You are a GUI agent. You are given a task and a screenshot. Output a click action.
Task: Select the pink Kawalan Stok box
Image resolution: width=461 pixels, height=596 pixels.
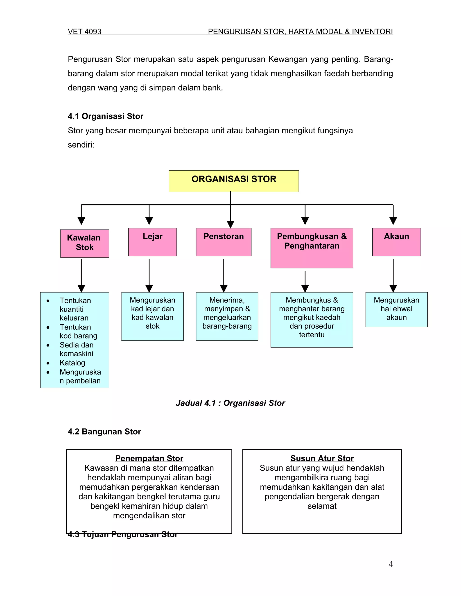coord(85,243)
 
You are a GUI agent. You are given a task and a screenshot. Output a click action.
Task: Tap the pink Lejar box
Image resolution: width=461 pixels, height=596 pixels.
coord(152,242)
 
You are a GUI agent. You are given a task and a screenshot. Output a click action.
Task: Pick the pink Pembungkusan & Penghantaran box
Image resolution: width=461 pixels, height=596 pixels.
coord(312,248)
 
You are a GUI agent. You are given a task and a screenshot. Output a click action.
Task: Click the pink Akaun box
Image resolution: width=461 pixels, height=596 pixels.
coord(396,242)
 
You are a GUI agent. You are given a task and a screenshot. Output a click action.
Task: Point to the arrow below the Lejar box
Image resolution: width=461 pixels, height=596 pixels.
coord(149,276)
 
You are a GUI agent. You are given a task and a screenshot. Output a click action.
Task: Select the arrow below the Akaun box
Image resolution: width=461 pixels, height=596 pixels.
coord(393,276)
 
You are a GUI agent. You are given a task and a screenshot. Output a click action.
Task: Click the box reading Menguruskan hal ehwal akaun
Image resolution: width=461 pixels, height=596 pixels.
coord(396,309)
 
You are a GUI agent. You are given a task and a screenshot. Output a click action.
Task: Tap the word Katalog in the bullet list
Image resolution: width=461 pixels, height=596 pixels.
coord(72,363)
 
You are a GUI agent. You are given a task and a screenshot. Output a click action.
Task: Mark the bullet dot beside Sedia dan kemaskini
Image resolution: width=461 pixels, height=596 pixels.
coord(48,345)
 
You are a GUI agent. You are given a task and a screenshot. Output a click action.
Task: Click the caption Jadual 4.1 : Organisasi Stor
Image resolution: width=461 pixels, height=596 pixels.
coord(230,403)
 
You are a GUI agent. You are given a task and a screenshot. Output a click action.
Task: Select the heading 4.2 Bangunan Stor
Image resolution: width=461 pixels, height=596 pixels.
coord(104,431)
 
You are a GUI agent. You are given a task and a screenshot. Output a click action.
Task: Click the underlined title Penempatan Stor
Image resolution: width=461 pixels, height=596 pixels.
coord(149,458)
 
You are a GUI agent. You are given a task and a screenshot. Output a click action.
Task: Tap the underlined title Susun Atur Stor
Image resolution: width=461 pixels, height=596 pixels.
coord(322,458)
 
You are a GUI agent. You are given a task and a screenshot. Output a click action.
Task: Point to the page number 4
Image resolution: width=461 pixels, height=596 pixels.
coord(391,564)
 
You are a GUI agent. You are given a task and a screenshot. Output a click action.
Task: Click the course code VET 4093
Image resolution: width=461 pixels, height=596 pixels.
coord(84,32)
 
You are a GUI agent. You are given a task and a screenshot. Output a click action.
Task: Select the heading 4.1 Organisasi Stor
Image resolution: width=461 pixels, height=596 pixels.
coord(105,116)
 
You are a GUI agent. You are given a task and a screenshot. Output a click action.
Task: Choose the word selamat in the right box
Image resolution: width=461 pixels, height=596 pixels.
coord(322,506)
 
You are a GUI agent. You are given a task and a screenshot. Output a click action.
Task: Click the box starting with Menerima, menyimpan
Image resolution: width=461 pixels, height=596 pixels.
coord(227,316)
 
